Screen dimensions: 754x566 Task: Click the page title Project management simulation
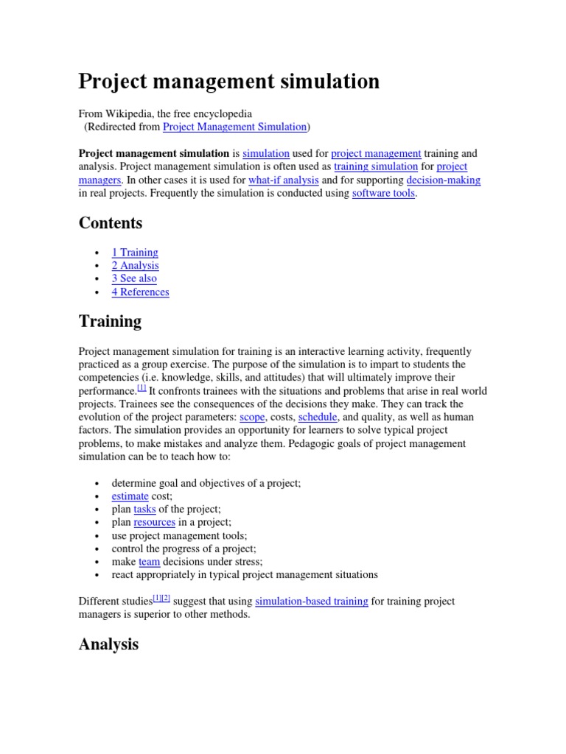(229, 81)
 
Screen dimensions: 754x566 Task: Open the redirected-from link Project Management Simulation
(234, 127)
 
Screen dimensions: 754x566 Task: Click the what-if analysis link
(284, 180)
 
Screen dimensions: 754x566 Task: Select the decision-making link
(443, 180)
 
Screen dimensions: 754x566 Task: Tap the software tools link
(383, 193)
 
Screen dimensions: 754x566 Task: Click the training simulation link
(376, 166)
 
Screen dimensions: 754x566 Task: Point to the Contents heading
(111, 222)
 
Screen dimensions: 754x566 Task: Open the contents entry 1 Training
(135, 252)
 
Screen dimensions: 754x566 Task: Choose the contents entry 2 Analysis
(135, 265)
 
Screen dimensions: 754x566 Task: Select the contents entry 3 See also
(134, 278)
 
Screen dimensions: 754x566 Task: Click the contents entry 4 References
(140, 292)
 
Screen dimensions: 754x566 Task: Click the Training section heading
(110, 321)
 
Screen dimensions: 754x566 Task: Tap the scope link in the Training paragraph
(252, 417)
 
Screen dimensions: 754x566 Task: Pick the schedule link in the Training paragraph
(317, 417)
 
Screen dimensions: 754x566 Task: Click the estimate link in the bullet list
(130, 496)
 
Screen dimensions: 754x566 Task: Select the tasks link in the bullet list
(144, 510)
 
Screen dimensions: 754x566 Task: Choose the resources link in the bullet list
(154, 522)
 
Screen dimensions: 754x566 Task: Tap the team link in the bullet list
(149, 562)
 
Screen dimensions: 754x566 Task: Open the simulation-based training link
(311, 601)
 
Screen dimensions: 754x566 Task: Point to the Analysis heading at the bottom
(108, 644)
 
